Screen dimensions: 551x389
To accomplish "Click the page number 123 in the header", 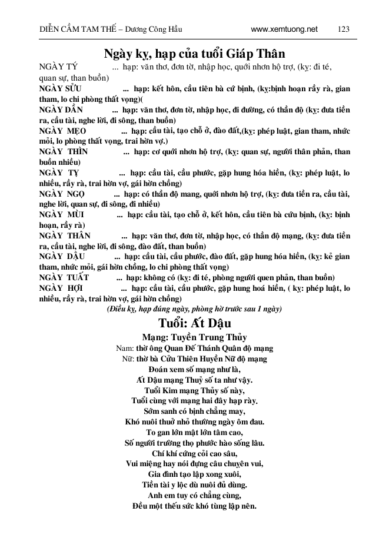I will [344, 28].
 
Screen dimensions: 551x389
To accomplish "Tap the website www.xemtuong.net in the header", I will [284, 28].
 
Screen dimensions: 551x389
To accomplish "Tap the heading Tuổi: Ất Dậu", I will [195, 323].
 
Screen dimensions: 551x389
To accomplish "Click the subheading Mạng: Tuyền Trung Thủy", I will [195, 338].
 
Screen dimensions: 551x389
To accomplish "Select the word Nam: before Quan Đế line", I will [126, 348].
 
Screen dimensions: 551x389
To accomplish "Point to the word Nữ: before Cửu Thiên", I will [128, 358].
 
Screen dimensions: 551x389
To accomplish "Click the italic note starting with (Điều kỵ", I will [195, 308].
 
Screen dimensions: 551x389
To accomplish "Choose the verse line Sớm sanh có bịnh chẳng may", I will [195, 411].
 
